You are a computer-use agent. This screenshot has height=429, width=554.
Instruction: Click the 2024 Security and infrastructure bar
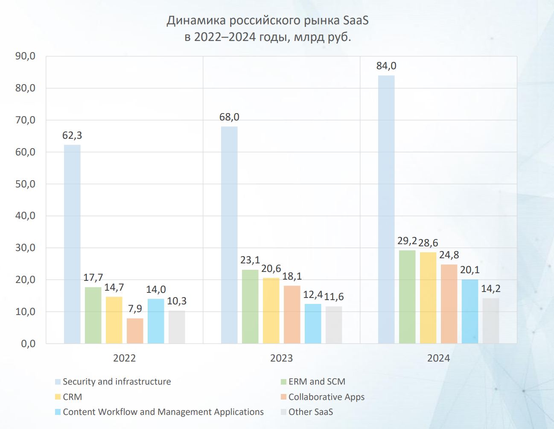pyautogui.click(x=386, y=209)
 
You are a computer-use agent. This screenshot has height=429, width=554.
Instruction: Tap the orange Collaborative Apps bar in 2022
pyautogui.click(x=135, y=331)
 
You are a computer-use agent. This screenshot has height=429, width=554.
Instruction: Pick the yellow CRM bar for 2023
pyautogui.click(x=271, y=310)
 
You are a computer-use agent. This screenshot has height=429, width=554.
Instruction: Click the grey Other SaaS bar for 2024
pyautogui.click(x=491, y=321)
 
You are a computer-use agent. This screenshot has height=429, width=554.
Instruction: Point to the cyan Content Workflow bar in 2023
pyautogui.click(x=313, y=324)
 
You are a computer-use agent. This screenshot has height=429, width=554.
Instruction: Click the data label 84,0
pyautogui.click(x=386, y=66)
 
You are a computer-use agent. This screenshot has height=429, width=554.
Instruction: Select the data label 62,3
pyautogui.click(x=72, y=135)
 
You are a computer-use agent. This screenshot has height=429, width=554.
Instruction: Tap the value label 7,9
pyautogui.click(x=135, y=309)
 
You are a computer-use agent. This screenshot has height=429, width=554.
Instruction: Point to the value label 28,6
pyautogui.click(x=428, y=243)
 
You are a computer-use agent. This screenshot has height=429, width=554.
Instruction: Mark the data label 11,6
pyautogui.click(x=334, y=297)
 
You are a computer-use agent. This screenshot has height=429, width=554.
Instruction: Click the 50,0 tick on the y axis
pyautogui.click(x=25, y=184)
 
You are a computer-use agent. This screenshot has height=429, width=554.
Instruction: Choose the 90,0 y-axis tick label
pyautogui.click(x=25, y=56)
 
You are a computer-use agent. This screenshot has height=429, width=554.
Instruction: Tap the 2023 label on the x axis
pyautogui.click(x=281, y=358)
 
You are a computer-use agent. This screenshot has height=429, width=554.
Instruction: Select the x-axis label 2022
pyautogui.click(x=124, y=358)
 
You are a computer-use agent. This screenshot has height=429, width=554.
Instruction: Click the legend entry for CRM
pyautogui.click(x=72, y=397)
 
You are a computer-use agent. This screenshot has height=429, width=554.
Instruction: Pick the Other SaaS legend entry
pyautogui.click(x=310, y=412)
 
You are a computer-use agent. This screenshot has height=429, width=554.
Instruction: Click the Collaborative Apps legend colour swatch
pyautogui.click(x=283, y=397)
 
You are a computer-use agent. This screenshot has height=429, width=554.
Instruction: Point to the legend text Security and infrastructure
pyautogui.click(x=117, y=382)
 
